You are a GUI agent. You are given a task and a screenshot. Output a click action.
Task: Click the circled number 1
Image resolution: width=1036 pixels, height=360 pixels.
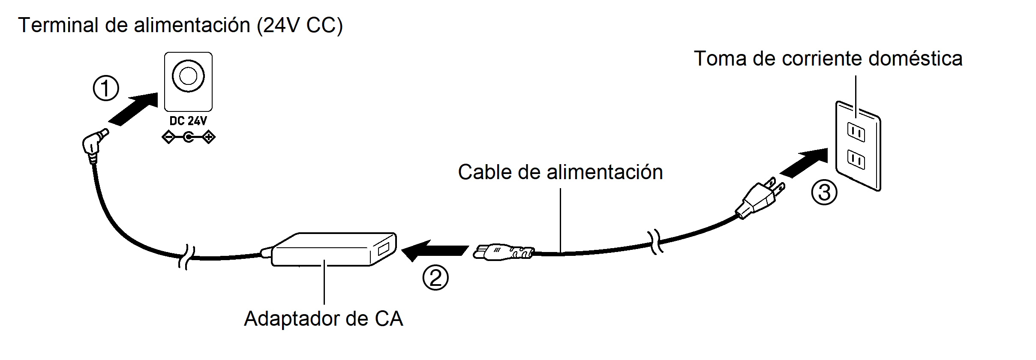coord(106,89)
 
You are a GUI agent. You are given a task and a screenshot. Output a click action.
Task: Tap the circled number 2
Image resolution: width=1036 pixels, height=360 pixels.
coord(435,278)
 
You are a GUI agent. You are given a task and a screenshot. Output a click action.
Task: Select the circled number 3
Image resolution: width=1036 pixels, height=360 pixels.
coord(824,193)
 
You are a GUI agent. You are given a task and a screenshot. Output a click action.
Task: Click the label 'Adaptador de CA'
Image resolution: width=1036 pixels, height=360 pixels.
coord(324,319)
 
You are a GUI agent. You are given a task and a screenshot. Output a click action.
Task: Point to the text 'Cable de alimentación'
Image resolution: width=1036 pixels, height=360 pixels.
coord(560,172)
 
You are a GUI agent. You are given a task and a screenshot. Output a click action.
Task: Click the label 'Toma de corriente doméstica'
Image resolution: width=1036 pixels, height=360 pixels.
coord(828,59)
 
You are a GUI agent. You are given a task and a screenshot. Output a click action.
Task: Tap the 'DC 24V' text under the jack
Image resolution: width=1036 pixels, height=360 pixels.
coord(188,121)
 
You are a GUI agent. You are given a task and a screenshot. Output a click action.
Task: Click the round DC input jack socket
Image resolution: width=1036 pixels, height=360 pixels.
coord(188,76)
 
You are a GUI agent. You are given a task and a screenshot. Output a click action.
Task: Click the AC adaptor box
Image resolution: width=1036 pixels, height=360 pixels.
coord(330,250)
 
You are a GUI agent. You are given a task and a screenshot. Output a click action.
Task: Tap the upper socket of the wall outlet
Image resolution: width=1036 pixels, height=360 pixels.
coord(856,132)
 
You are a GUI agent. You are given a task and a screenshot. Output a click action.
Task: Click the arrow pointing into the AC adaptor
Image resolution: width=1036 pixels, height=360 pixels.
coord(434,250)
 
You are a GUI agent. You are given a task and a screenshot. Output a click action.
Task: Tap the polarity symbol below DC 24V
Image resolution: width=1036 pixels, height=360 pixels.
coord(188,138)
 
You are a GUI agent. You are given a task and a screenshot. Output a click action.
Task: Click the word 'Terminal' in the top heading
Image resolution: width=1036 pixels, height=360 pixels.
coord(58,25)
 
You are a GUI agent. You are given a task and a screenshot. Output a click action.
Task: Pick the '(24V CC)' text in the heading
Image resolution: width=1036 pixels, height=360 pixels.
coord(300,25)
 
